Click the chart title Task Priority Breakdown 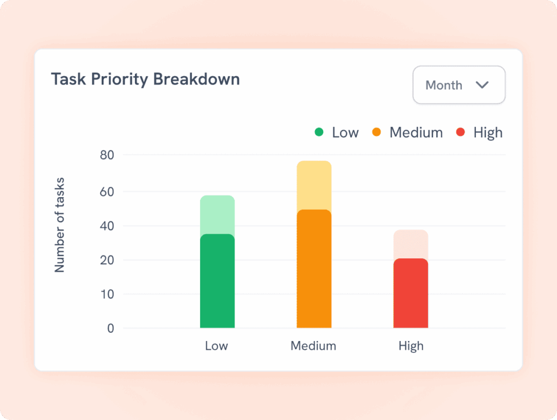pos(145,79)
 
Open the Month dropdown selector pos(459,85)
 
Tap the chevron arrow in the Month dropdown pos(482,85)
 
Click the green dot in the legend pos(319,132)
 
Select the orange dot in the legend pos(376,132)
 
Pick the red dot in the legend pos(461,132)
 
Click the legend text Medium pos(416,132)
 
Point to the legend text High pos(488,132)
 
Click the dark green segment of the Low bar pos(217,281)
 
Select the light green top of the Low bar pos(217,214)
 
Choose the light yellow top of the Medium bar pos(314,185)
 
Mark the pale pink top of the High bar pos(411,244)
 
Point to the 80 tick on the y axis pos(107,155)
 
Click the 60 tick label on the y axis pos(107,192)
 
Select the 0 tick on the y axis pos(111,328)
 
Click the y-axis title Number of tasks pos(60,225)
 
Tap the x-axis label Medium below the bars pos(313,346)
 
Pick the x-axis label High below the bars pos(411,346)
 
